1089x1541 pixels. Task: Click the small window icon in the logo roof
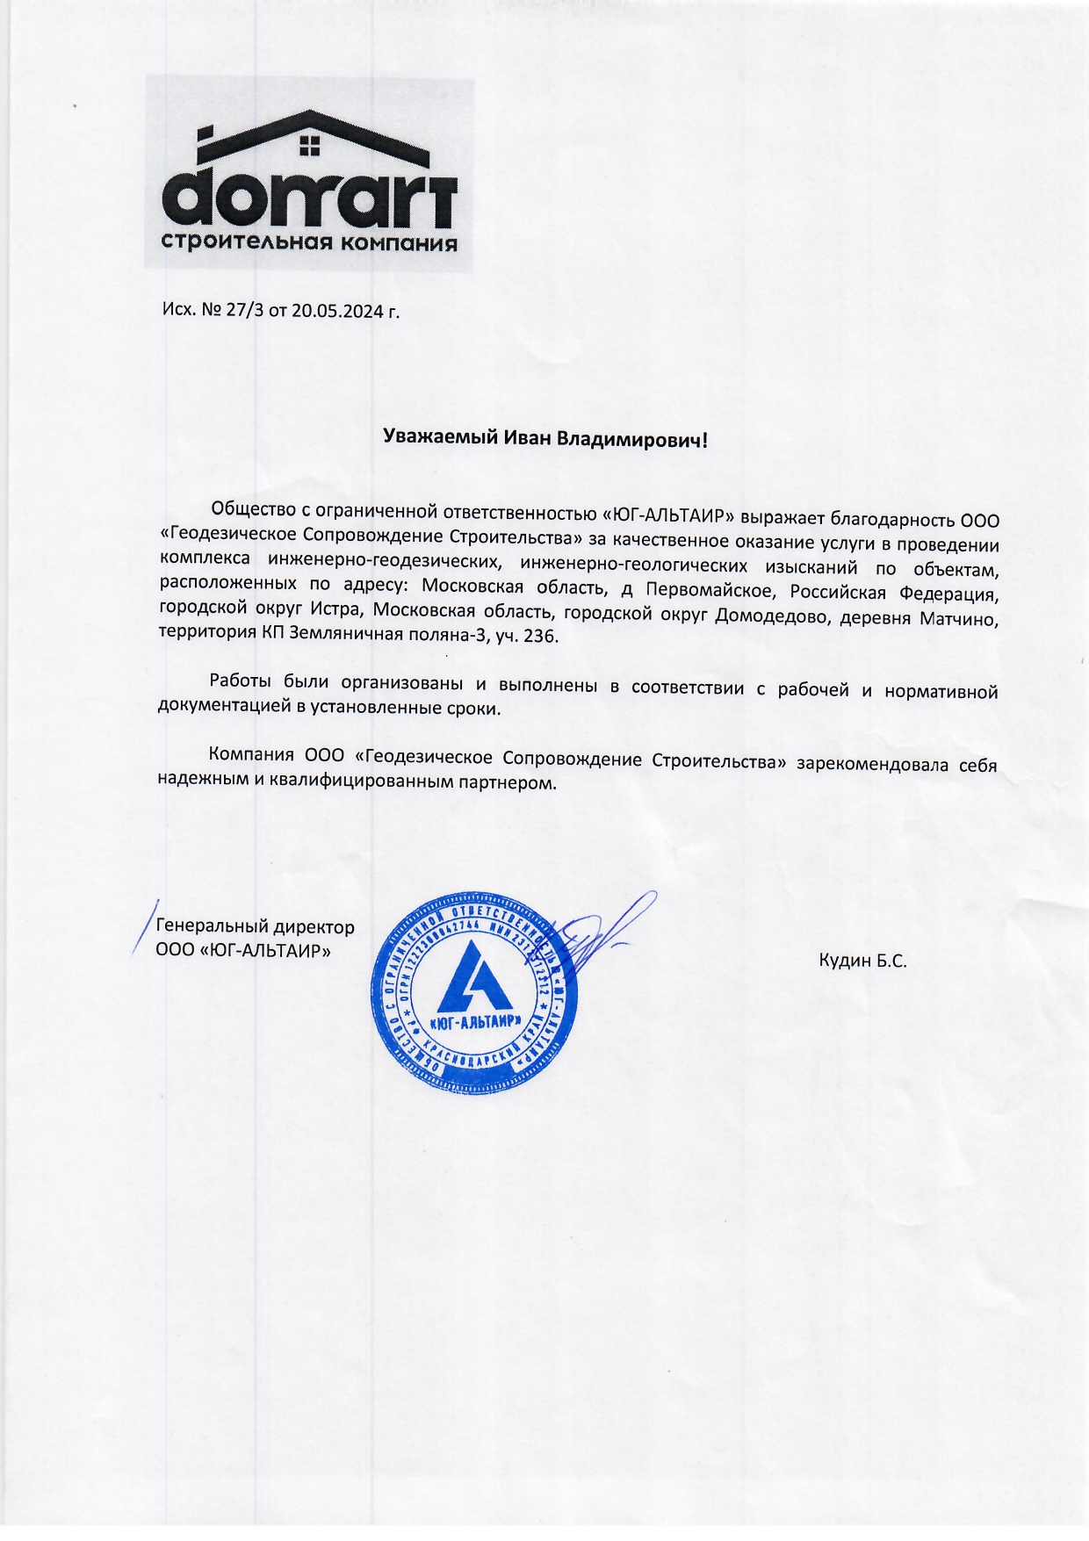coord(308,145)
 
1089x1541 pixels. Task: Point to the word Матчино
coord(958,619)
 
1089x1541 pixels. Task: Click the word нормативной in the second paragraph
coord(941,691)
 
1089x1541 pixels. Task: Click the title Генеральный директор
coord(255,927)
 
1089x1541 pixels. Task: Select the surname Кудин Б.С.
coord(862,961)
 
